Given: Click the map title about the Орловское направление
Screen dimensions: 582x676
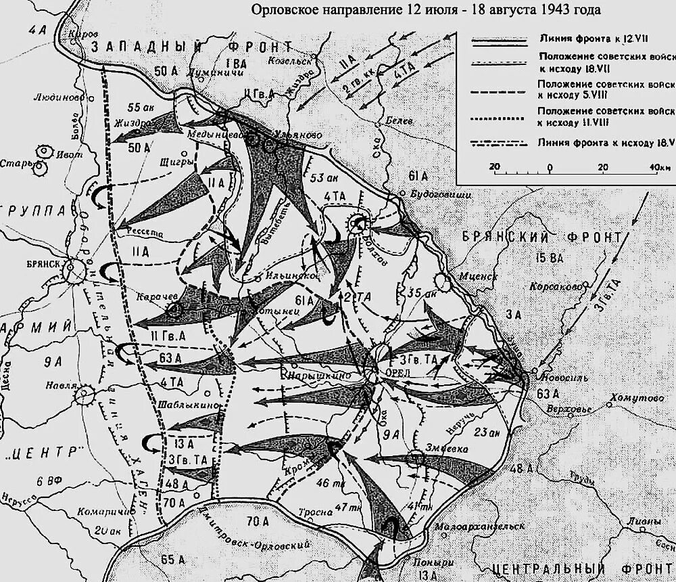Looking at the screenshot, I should (425, 10).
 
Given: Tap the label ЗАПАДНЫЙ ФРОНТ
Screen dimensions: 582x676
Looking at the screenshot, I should (192, 47).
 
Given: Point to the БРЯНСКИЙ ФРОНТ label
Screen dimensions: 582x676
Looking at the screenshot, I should (541, 237).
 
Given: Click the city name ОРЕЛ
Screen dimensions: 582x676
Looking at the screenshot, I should (392, 372).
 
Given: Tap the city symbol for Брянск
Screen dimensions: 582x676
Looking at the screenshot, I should (71, 270).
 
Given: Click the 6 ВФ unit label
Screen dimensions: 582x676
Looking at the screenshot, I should (49, 481).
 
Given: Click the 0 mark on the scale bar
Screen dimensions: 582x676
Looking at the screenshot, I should (550, 166).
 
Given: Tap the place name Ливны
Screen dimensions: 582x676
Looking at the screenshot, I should (641, 521).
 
